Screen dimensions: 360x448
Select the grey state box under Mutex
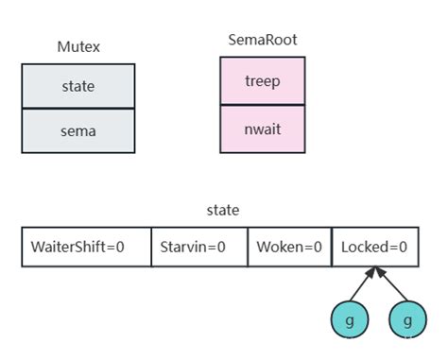click(x=78, y=86)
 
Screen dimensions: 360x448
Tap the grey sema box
click(x=78, y=131)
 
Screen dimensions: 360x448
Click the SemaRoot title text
click(x=262, y=40)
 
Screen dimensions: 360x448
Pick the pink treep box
click(x=262, y=80)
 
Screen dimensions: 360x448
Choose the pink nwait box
click(x=262, y=128)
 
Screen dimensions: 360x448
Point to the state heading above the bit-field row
click(x=223, y=210)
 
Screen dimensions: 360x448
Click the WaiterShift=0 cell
click(x=85, y=247)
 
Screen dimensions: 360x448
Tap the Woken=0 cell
click(x=289, y=247)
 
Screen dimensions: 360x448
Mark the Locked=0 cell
click(x=374, y=247)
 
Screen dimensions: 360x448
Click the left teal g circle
click(x=350, y=320)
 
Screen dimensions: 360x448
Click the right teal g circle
click(x=407, y=320)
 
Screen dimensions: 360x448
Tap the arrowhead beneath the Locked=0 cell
click(x=376, y=272)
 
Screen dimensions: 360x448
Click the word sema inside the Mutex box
click(x=78, y=131)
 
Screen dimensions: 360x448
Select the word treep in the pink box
click(x=262, y=80)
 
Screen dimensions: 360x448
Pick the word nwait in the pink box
click(x=262, y=128)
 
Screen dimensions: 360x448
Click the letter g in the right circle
click(x=407, y=321)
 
